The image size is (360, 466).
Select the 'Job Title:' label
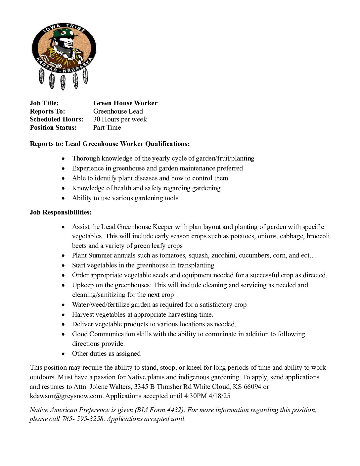point(44,103)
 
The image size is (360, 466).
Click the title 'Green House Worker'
point(125,103)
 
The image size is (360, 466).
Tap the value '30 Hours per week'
point(120,119)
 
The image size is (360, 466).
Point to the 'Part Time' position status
point(107,128)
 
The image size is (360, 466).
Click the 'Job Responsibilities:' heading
point(61,212)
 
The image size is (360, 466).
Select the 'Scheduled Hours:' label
point(57,119)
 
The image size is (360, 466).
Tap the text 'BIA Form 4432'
point(159,410)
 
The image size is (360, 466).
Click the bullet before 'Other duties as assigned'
point(63,354)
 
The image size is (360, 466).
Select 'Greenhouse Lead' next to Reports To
point(118,112)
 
